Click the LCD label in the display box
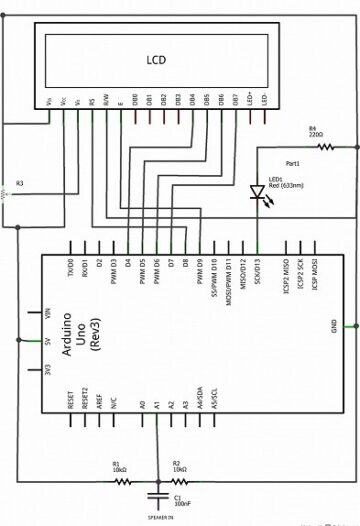(155, 61)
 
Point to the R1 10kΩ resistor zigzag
(121, 482)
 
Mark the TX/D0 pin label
(71, 270)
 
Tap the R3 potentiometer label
(20, 183)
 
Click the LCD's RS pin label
(93, 101)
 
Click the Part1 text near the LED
(293, 162)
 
